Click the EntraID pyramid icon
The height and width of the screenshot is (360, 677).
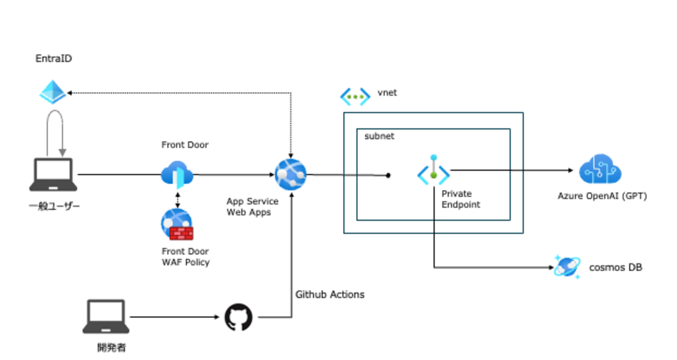[x=53, y=93]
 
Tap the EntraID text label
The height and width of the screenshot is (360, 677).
[x=54, y=59]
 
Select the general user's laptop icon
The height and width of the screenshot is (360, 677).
[x=53, y=175]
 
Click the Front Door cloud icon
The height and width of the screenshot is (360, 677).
[x=177, y=174]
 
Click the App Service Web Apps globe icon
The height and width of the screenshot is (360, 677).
[x=291, y=175]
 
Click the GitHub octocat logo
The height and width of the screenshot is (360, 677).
[x=239, y=317]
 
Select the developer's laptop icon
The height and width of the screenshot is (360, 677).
[x=106, y=316]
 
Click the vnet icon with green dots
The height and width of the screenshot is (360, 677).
[x=355, y=96]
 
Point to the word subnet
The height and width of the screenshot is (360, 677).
[x=380, y=136]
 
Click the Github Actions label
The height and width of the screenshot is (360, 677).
[x=330, y=294]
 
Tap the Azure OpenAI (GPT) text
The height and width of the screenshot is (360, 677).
[x=602, y=196]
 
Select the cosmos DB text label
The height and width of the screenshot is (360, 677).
[x=616, y=268]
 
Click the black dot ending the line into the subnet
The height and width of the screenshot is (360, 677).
[x=388, y=176]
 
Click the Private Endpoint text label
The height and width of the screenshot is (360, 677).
[x=460, y=200]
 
